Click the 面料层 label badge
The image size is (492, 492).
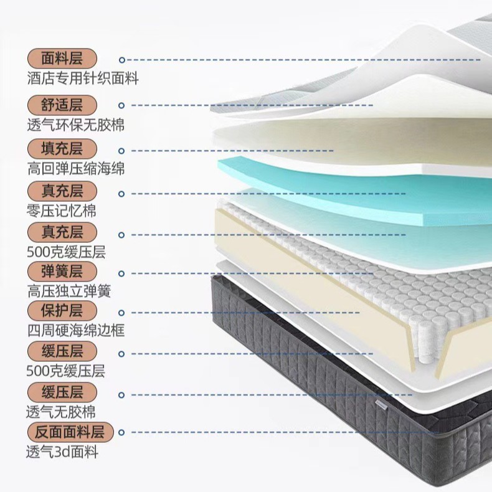point(63,59)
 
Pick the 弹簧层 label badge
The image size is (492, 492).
point(63,272)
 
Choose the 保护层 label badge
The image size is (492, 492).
point(63,310)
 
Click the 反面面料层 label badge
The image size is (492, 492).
point(70,432)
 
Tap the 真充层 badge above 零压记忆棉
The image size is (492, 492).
point(63,191)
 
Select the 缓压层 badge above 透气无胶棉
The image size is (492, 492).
point(63,392)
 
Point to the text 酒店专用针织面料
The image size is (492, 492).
point(83,79)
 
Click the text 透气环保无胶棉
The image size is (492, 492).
point(75,125)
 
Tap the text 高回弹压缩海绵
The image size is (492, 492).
point(75,169)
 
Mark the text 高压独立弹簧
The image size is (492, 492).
point(69,291)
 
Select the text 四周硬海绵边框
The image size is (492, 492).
point(75,330)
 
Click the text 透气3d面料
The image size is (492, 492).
point(62,452)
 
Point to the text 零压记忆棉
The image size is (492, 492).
point(62,211)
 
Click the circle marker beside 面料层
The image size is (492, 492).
point(122,60)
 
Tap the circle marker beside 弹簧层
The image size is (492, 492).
point(122,273)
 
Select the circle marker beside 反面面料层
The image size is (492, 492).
point(122,432)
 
